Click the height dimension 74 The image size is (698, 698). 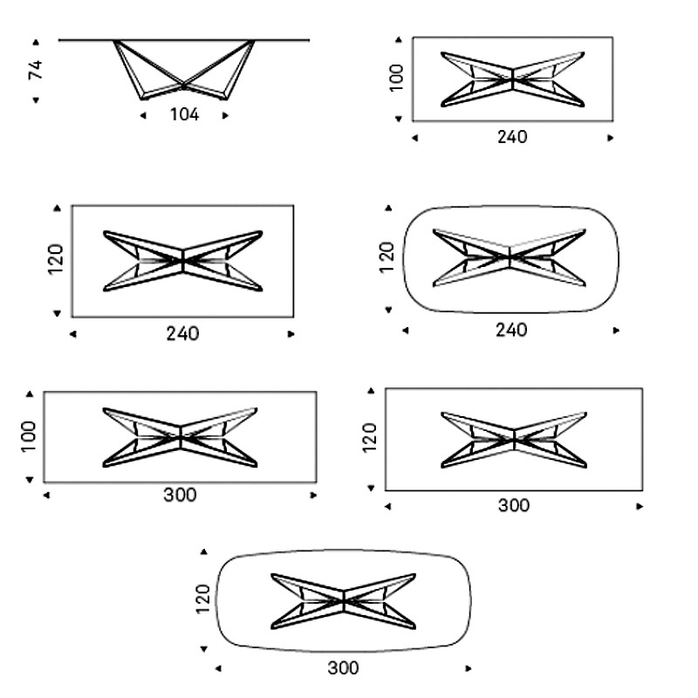[36, 70]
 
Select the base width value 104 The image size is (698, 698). [184, 115]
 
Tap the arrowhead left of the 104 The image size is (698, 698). [143, 116]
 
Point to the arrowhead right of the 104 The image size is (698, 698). [225, 116]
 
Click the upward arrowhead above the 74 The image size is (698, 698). [36, 42]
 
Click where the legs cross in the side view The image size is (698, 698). [183, 85]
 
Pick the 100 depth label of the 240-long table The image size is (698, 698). [397, 78]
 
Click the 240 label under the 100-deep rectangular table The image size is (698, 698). [512, 137]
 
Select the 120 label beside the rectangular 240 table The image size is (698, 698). [56, 259]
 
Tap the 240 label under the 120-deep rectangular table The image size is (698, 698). [182, 334]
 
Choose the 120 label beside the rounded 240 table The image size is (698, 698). [387, 257]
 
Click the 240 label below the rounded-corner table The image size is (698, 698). [511, 331]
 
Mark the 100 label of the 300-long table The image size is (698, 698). [28, 437]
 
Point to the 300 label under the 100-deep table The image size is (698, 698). [180, 495]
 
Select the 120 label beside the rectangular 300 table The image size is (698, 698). [369, 438]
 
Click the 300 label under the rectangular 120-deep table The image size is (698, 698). [514, 506]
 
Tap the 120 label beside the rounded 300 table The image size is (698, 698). [202, 599]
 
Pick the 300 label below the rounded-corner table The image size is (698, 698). [343, 668]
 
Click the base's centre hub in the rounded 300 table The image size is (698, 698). [344, 601]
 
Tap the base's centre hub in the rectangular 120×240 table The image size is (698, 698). [183, 261]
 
